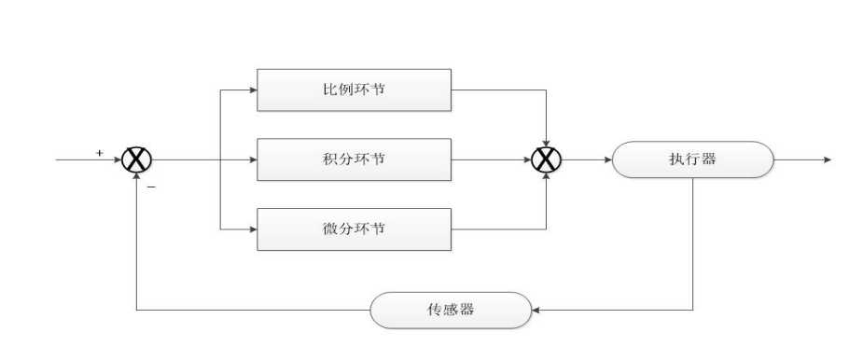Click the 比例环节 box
(x=354, y=91)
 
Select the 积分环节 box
(x=354, y=159)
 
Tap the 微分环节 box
(x=354, y=228)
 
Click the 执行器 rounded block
(x=692, y=159)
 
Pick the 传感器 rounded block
(x=452, y=309)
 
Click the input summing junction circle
(x=137, y=159)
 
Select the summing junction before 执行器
(x=547, y=159)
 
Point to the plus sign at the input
(x=100, y=150)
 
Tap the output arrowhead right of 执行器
(x=826, y=159)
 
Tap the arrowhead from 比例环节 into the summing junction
(x=547, y=141)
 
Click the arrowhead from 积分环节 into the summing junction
(x=528, y=159)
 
